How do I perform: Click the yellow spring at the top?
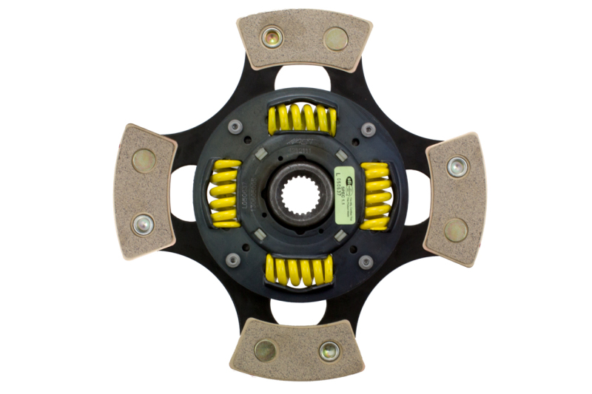pos(302,118)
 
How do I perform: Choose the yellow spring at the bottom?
pos(300,269)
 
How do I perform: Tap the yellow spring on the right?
pos(376,195)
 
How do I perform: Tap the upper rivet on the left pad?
pos(144,159)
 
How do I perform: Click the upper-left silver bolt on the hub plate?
pos(235,127)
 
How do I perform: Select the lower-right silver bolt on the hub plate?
pos(365,262)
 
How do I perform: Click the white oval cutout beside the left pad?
pos(183,193)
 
